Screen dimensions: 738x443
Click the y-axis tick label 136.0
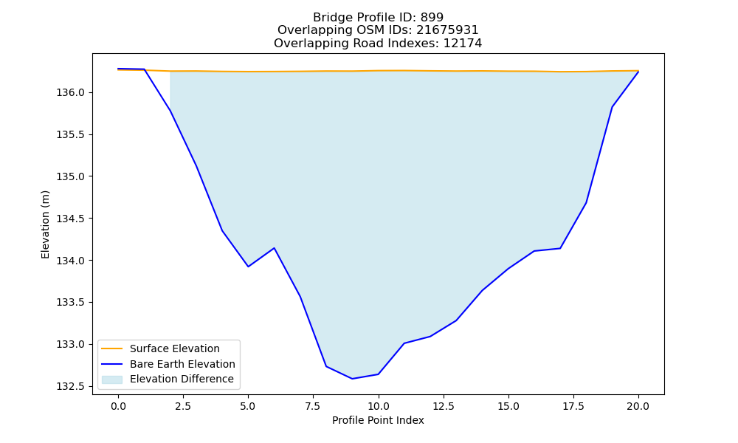[x=70, y=93]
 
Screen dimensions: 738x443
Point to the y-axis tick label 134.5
[x=70, y=219]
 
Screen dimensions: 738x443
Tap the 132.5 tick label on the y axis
[x=70, y=386]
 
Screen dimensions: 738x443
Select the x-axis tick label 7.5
[x=313, y=406]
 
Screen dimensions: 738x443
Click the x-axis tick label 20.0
[x=638, y=406]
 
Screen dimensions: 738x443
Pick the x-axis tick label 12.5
[x=443, y=406]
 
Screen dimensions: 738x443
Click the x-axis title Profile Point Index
[x=378, y=420]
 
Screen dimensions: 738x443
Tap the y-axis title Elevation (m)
[x=45, y=224]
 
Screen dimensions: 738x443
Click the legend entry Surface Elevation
[x=175, y=348]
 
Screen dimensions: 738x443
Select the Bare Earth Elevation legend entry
[x=182, y=364]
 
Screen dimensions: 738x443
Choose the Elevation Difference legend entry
[x=182, y=379]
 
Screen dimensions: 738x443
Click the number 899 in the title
[x=432, y=18]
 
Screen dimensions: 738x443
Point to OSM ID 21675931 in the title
[x=447, y=30]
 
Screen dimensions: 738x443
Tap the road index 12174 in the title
[x=463, y=44]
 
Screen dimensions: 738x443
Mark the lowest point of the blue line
[x=352, y=379]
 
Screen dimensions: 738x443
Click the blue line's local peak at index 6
[x=274, y=248]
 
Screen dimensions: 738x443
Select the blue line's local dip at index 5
[x=248, y=267]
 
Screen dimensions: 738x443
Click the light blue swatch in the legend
[x=112, y=380]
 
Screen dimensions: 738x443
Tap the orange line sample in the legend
[x=112, y=348]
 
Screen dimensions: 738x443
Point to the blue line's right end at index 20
[x=638, y=72]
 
